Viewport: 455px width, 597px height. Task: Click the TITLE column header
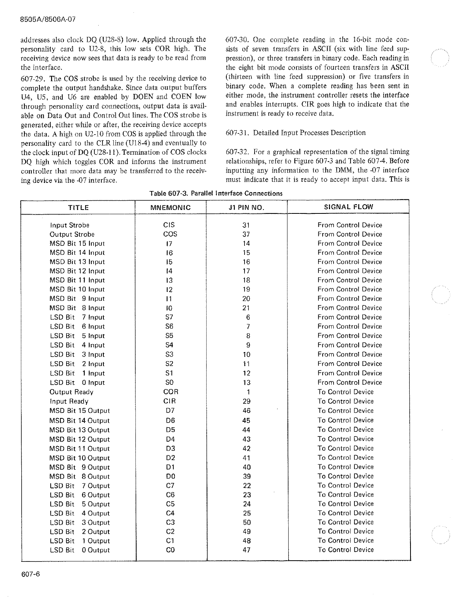(79, 208)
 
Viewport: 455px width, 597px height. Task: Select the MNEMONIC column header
(170, 208)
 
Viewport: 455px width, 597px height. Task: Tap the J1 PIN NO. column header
(246, 208)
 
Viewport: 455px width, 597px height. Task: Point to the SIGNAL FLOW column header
(348, 207)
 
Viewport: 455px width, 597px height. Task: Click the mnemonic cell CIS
(169, 225)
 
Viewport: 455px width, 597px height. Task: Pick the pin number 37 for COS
(246, 234)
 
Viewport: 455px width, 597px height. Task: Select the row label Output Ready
(72, 392)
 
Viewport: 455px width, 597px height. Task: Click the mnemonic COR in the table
(171, 392)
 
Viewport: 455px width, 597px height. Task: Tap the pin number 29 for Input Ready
(246, 402)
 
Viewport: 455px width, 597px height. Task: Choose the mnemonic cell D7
(170, 411)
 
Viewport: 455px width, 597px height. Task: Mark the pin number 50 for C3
(246, 523)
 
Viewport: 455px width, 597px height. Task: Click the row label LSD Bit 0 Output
(80, 550)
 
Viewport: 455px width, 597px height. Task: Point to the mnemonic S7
(169, 317)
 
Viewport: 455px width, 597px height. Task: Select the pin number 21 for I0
(246, 308)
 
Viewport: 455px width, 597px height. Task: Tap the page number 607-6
(31, 574)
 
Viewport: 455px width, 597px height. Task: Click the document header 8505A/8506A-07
(46, 19)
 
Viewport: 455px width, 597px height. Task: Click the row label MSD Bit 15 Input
(77, 244)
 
